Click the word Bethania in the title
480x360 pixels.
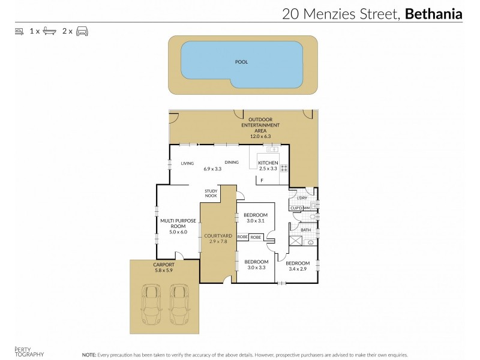pos(434,14)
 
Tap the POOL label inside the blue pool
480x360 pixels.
pos(242,62)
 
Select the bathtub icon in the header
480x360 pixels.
pos(50,31)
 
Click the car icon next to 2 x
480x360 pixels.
pos(82,31)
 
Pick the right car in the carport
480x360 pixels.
pos(179,303)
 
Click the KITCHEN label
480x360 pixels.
pos(267,163)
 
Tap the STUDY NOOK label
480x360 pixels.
pos(211,193)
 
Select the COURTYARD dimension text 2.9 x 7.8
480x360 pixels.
pos(214,242)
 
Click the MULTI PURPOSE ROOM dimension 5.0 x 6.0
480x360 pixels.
pos(178,232)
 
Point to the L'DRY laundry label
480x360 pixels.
pos(302,198)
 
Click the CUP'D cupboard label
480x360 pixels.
pos(296,208)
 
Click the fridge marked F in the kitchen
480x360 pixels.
pos(262,179)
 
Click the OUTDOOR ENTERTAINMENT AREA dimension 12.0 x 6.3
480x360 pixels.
pos(260,136)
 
